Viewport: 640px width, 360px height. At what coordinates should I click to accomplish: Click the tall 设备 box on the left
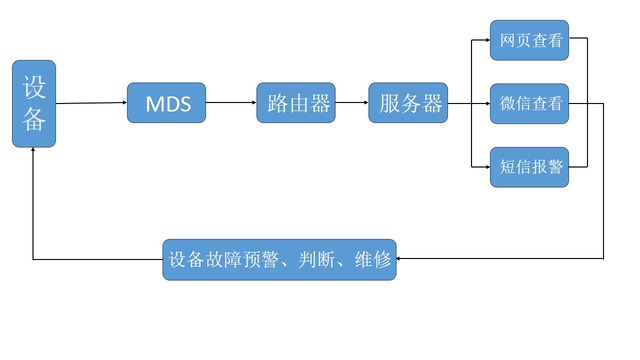(34, 103)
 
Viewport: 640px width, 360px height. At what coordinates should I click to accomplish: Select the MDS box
(167, 103)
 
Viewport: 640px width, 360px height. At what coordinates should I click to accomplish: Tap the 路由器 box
(295, 102)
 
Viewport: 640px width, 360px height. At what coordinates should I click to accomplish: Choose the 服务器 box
(407, 102)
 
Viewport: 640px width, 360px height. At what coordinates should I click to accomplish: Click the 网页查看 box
(529, 40)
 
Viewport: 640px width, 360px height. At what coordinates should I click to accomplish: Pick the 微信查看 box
(529, 103)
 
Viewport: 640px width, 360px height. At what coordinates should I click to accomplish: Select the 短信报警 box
(529, 166)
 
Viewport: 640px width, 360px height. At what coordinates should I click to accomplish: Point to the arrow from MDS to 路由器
(231, 102)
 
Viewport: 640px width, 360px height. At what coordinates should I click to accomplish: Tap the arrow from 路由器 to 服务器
(351, 102)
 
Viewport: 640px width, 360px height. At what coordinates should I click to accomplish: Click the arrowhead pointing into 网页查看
(485, 40)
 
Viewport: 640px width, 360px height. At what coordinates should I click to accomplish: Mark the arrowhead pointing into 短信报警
(485, 166)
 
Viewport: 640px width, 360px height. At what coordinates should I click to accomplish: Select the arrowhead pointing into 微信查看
(485, 103)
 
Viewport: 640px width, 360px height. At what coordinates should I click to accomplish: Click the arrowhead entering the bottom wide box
(401, 259)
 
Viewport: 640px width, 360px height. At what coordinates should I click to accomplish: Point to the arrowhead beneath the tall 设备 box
(34, 151)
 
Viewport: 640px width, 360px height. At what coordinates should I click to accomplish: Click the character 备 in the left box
(34, 121)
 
